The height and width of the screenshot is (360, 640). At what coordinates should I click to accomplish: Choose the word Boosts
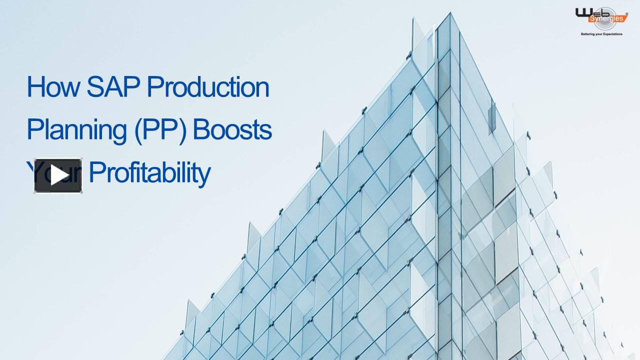(232, 130)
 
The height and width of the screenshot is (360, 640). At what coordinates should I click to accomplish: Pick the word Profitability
(149, 173)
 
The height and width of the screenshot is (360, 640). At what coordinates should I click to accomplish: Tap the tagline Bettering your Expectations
(601, 34)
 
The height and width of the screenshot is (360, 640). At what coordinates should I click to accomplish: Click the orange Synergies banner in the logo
(607, 18)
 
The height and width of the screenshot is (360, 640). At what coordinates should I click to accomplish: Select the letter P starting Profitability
(95, 173)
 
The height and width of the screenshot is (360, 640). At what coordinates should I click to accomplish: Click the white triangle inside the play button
(58, 175)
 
